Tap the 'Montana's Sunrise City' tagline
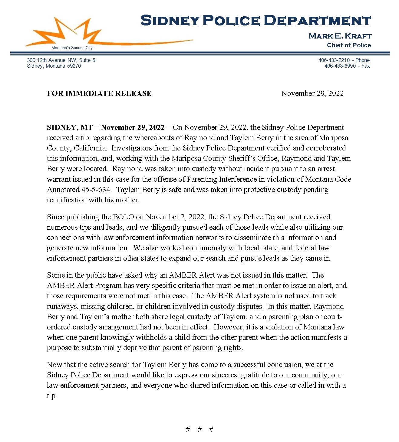(x=72, y=48)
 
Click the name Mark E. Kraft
(x=340, y=36)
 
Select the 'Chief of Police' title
(x=349, y=45)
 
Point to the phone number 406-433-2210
(x=334, y=60)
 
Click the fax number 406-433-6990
(x=340, y=66)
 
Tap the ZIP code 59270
(x=74, y=66)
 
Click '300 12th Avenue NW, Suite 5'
(x=61, y=60)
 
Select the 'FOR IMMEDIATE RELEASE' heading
(x=99, y=93)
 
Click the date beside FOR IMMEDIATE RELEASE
(x=312, y=93)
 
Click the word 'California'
(x=90, y=148)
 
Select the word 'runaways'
(x=62, y=306)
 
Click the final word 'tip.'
(x=52, y=396)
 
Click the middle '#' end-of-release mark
(x=199, y=429)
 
